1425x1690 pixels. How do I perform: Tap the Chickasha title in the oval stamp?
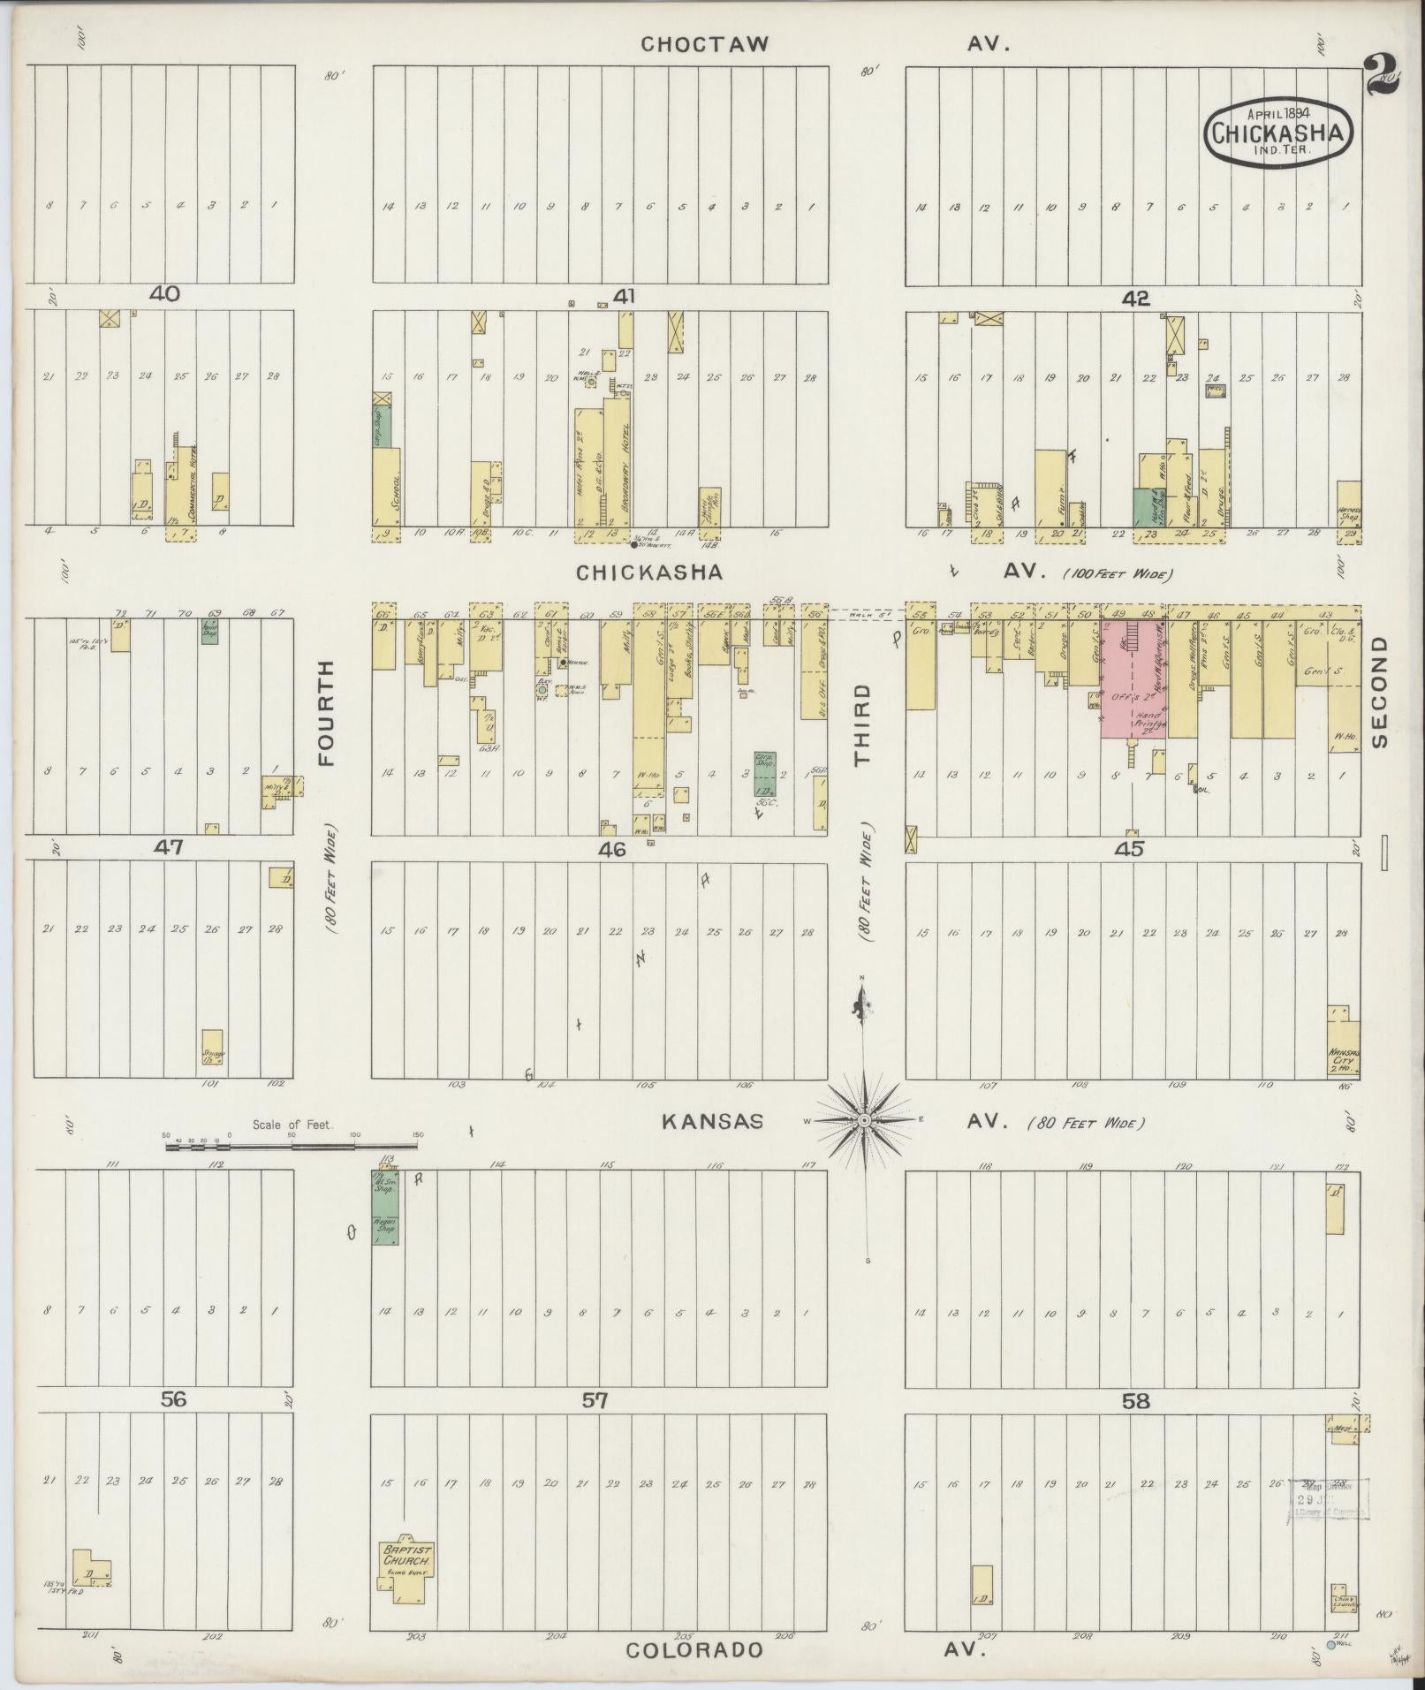1278,133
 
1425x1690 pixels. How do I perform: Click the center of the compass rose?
865,1120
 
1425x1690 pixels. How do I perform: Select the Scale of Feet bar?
292,1146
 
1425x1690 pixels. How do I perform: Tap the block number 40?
165,294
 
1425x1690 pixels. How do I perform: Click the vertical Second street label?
1380,693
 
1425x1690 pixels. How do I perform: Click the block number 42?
1135,299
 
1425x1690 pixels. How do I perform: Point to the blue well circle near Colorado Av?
1330,1645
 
